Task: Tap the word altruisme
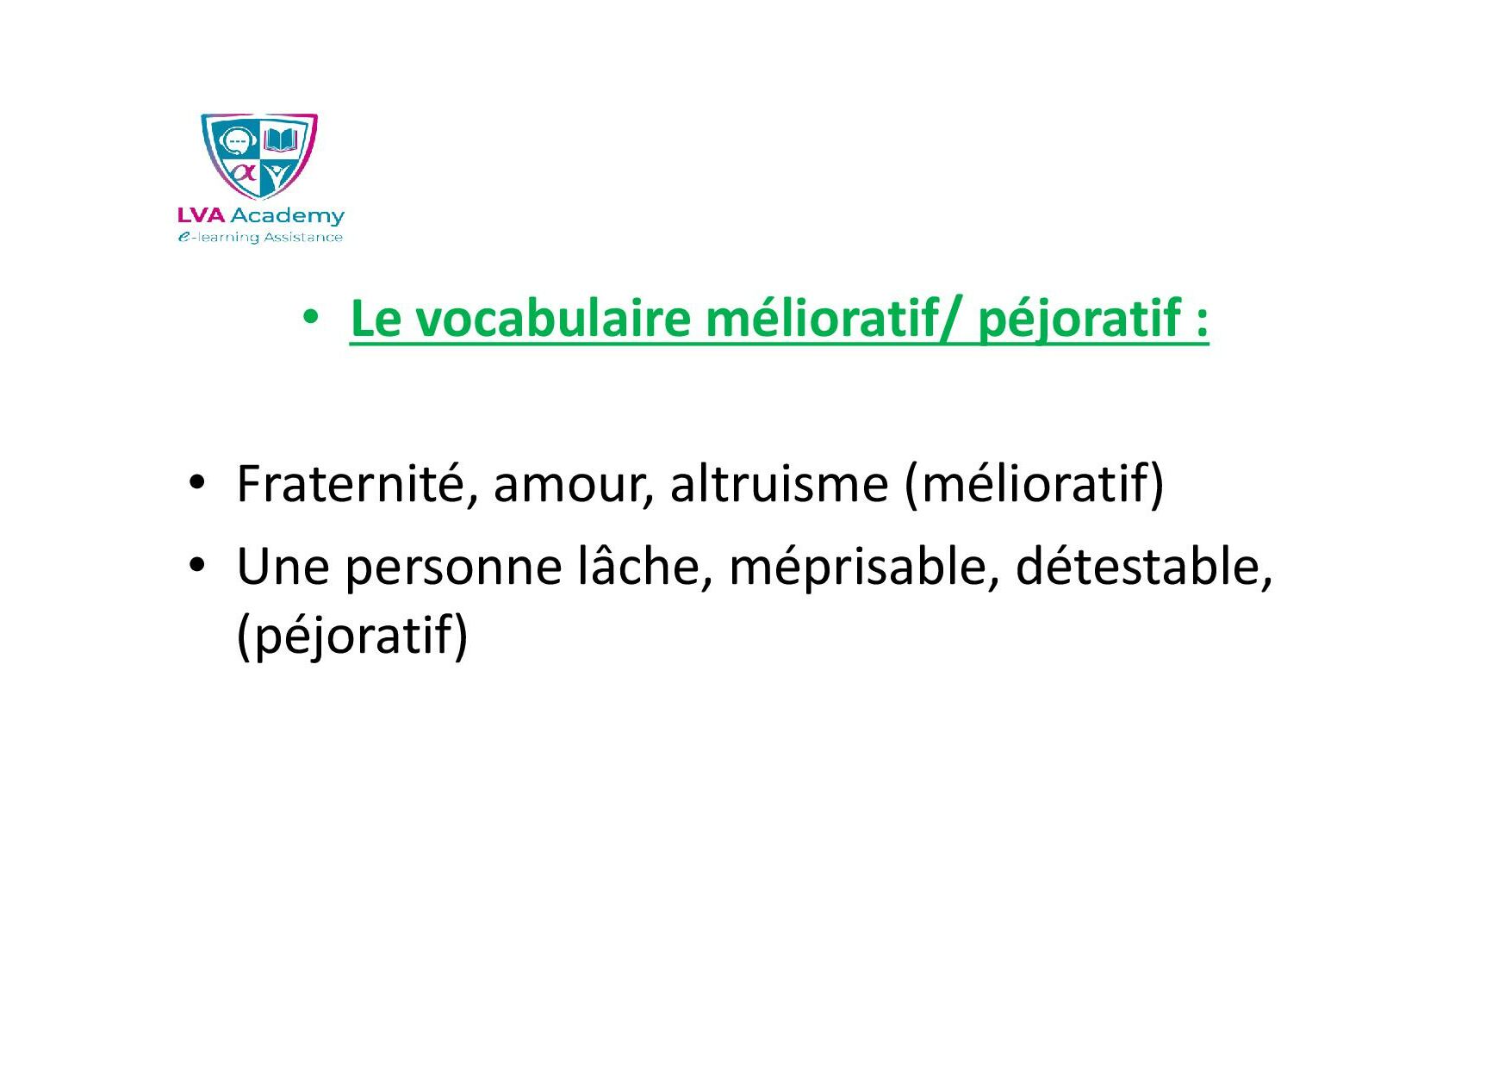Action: click(779, 483)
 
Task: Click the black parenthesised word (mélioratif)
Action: click(1035, 485)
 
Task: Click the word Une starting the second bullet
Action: click(283, 568)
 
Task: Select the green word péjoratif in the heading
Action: click(1079, 320)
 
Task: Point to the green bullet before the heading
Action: click(312, 318)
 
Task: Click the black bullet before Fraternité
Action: click(197, 482)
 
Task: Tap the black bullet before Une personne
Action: click(197, 566)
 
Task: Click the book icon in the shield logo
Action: click(280, 140)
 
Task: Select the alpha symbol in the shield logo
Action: click(245, 172)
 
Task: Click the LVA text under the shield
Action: click(201, 215)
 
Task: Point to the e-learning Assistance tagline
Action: click(260, 237)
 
